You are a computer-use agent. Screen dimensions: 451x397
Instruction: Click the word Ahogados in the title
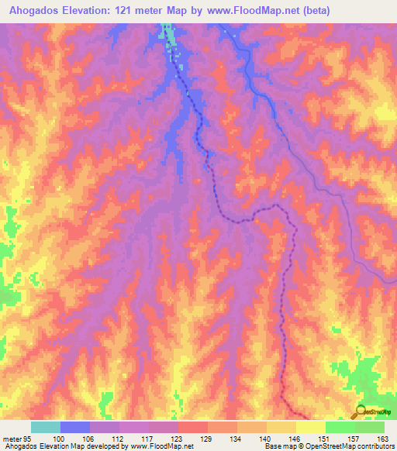[36, 11]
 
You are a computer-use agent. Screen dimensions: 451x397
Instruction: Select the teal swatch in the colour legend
[46, 427]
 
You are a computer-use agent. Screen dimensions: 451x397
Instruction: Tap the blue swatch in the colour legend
[75, 427]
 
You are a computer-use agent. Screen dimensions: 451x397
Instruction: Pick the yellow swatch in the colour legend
[311, 427]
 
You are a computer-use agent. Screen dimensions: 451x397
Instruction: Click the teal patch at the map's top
[166, 33]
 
